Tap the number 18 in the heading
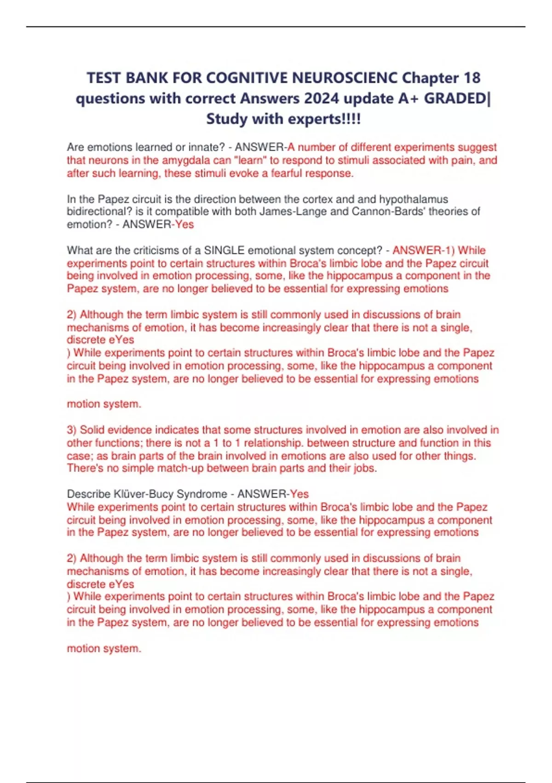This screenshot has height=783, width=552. click(x=472, y=78)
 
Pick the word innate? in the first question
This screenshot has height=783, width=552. click(x=207, y=147)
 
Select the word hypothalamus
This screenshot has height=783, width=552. click(x=414, y=199)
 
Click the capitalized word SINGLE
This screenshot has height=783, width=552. click(x=224, y=250)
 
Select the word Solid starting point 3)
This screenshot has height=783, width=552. click(x=93, y=430)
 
